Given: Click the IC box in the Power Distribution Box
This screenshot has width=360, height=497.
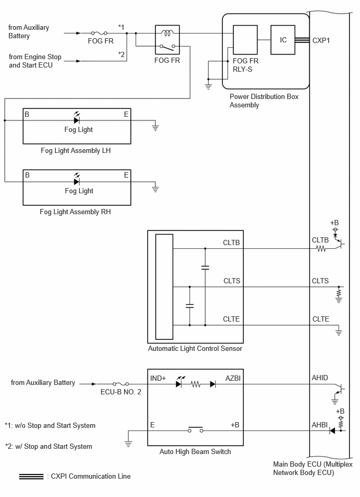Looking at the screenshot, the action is coord(283,40).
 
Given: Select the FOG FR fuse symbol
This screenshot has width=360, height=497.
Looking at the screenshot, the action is coord(99,33).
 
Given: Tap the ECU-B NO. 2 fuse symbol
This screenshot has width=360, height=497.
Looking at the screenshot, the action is coord(121,384).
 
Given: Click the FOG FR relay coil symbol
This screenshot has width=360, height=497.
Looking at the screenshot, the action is coord(167,32).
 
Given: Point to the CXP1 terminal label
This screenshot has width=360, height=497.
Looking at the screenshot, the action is coord(321,40).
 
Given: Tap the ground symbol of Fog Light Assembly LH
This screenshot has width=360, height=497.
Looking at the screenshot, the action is coord(155,127).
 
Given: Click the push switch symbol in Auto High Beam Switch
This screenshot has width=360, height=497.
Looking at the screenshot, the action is coord(195,429).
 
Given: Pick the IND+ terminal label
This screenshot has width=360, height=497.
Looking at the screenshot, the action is coord(158,378).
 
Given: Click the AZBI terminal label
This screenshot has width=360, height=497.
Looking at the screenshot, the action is coord(233,378).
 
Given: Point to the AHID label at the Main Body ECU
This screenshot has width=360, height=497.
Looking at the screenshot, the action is coord(320,378).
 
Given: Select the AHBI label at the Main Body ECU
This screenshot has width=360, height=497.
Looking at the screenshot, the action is coord(320,425).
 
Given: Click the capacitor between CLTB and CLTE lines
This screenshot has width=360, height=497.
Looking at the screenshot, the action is coord(205,268).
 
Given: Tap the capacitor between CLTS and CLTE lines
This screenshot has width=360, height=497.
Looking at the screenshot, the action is coord(189,306).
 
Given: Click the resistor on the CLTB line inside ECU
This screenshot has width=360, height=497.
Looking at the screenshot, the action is coord(321,249).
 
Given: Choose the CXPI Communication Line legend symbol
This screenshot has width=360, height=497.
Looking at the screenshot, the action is coord(31,477).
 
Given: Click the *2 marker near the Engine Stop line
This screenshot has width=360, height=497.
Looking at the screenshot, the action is coord(121,54).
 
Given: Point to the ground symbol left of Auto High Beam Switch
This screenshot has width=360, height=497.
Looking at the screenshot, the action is coord(128,444).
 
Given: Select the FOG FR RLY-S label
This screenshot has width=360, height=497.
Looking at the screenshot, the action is coord(245,65).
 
